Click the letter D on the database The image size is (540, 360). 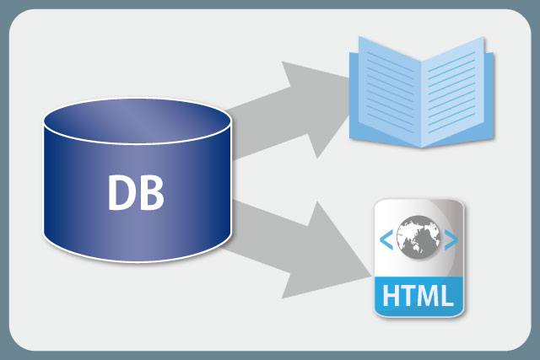[120, 192]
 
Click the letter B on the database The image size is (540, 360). [150, 192]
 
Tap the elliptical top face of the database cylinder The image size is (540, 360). [138, 121]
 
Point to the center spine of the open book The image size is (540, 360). [422, 103]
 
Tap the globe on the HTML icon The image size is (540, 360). [418, 237]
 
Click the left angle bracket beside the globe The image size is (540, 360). [386, 239]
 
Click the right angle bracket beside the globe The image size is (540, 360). [451, 239]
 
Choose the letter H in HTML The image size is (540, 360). [391, 295]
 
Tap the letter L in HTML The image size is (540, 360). [446, 295]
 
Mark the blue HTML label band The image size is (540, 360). [418, 296]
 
